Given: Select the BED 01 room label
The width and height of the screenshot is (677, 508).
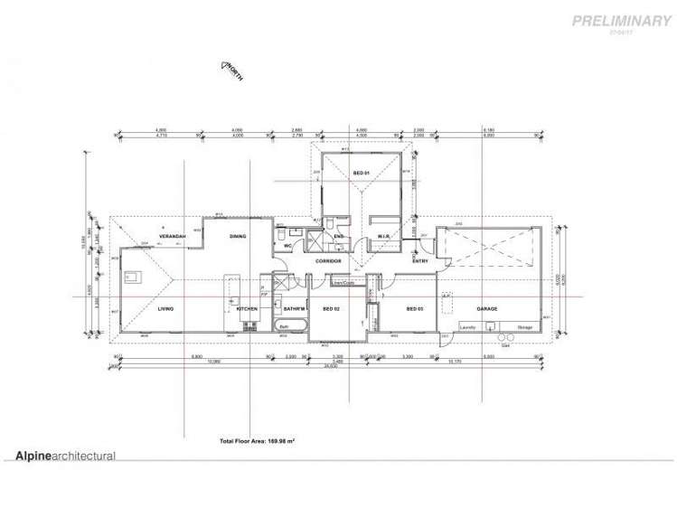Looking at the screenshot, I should point(360,173).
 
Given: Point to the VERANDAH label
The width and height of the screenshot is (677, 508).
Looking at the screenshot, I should point(173,237).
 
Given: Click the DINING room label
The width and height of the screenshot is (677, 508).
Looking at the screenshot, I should point(238,237).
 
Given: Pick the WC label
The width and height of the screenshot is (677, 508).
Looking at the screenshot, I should point(287,245).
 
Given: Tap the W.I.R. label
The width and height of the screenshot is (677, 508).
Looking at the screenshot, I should point(383,237).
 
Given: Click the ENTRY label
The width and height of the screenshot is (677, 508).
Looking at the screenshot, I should point(420,261).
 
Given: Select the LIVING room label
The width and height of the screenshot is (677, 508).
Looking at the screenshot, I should point(165,309).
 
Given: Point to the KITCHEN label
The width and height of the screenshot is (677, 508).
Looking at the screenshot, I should point(248,309).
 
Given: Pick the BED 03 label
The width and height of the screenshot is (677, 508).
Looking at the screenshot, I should point(415,309).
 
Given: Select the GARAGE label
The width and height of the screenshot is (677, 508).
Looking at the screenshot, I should point(487,309).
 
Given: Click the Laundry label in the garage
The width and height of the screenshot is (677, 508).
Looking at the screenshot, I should point(468,327).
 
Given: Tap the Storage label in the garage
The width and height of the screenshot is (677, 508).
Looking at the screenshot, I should point(525,327).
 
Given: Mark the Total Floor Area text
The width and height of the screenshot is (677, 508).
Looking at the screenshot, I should point(259,441).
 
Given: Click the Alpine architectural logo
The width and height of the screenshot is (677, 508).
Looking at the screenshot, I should point(65,456).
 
